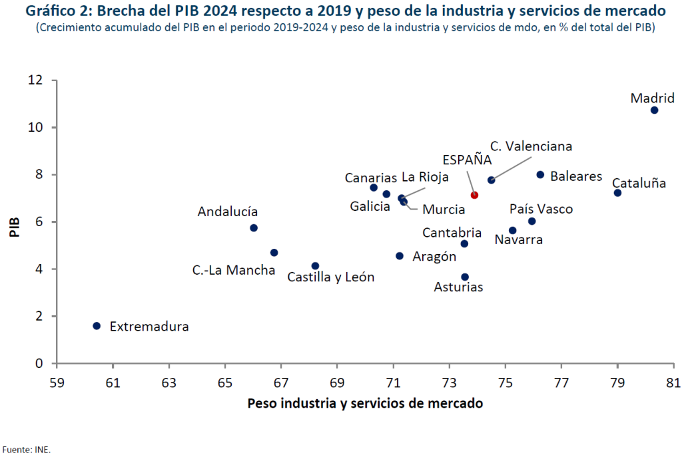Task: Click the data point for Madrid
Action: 654,110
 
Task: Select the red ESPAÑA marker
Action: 474,195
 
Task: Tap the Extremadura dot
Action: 97,326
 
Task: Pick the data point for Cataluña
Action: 617,193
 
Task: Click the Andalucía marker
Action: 254,228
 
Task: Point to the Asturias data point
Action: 465,277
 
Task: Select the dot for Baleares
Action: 540,175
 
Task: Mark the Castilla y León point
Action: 315,266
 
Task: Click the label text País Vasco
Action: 541,210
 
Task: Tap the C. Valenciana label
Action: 531,146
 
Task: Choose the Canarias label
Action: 370,178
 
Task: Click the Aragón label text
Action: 434,257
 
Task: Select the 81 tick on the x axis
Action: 673,382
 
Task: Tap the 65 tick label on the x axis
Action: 225,382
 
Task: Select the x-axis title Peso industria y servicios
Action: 365,404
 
